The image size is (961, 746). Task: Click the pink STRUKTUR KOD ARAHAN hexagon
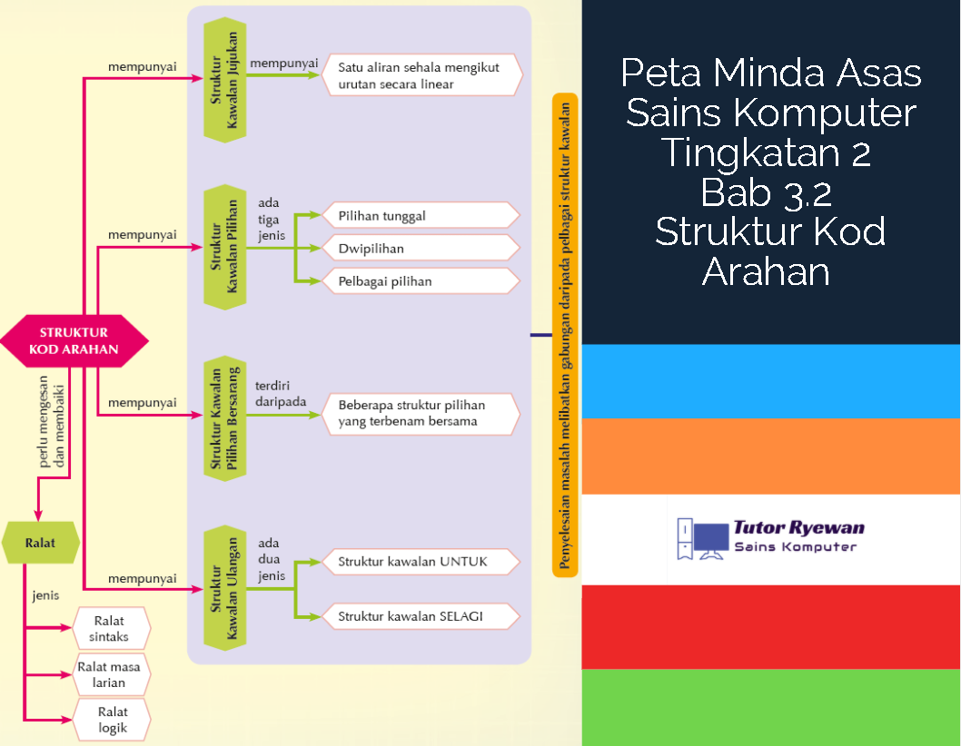[x=74, y=341]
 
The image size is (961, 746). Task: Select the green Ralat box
[x=41, y=543]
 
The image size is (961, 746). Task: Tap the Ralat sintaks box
[x=111, y=628]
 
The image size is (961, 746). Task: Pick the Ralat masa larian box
[x=111, y=674]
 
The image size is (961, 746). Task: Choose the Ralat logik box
[x=111, y=720]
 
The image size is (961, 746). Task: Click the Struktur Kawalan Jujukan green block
[x=225, y=80]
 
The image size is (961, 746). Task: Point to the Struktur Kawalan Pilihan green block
[x=225, y=247]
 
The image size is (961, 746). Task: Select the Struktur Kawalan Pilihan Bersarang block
[x=225, y=418]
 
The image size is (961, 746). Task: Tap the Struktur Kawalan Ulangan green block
[x=225, y=588]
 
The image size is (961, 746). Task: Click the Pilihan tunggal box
[x=421, y=216]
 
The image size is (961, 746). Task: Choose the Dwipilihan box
[x=421, y=248]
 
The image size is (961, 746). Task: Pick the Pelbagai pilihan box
[x=421, y=281]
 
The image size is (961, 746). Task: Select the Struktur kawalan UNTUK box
[x=421, y=562]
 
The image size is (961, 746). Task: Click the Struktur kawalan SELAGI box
[x=421, y=616]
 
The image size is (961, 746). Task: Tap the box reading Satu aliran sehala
[x=421, y=75]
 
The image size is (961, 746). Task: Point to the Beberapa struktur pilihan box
[x=421, y=414]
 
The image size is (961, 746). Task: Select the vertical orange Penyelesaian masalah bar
[x=564, y=335]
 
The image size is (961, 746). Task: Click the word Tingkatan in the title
[x=749, y=152]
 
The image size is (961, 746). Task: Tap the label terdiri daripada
[x=281, y=394]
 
